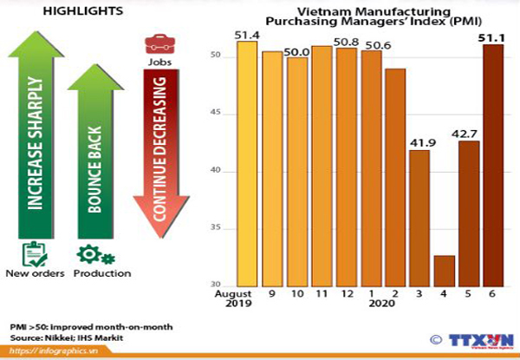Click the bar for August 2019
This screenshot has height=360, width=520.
tap(247, 165)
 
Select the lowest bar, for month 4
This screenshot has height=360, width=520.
tap(445, 271)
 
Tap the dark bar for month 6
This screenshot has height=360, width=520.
tap(493, 165)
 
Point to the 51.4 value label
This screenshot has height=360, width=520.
tap(248, 32)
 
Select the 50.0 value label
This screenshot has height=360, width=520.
tap(296, 52)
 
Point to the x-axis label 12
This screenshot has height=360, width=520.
tap(346, 294)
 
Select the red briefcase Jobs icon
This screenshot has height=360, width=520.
tap(157, 44)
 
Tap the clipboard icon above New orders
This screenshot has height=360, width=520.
tap(33, 254)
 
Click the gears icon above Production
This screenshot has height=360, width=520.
tap(95, 254)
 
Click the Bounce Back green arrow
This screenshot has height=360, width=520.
tap(95, 147)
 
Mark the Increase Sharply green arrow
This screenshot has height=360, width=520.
tap(35, 130)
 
